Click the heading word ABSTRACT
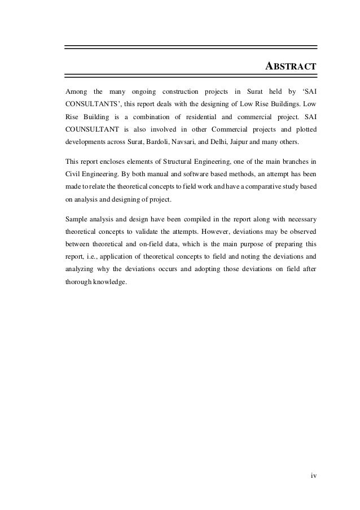click(291, 67)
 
